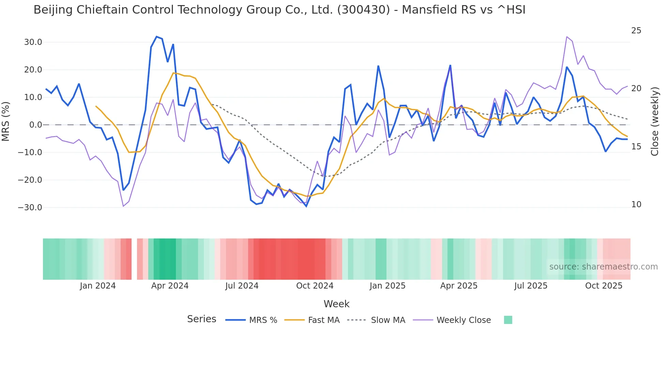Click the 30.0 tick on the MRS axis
[33, 42]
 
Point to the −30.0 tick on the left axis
[30, 208]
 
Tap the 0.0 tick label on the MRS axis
[35, 125]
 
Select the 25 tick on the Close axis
[636, 31]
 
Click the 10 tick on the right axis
[636, 205]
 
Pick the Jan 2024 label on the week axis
[98, 286]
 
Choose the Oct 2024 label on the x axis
[315, 286]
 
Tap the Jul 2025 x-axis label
[531, 286]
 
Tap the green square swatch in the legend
[508, 320]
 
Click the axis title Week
[336, 304]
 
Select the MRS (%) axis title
[6, 121]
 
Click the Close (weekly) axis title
[655, 121]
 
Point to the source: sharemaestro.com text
[603, 267]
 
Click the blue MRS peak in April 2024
[156, 36]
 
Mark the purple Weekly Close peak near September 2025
[567, 37]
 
